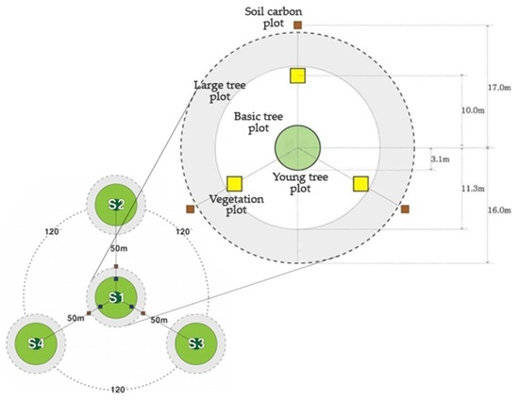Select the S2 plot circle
click(115, 205)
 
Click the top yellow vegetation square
click(297, 75)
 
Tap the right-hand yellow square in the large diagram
click(360, 184)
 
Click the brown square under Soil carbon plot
click(297, 25)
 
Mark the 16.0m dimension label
click(500, 209)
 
